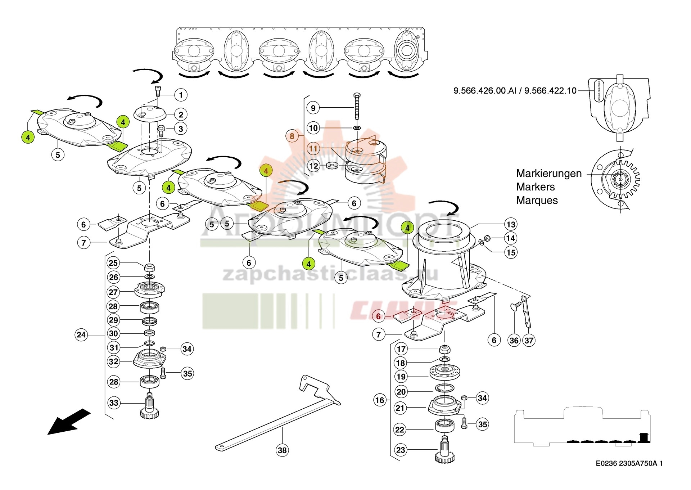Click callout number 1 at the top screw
coord(181,95)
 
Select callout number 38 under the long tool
coord(282,450)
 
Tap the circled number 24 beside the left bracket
coord(81,335)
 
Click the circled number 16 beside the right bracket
coord(380,400)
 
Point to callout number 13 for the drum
coord(511,225)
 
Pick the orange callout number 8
coord(292,136)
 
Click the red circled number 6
coord(378,316)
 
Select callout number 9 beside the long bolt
coord(313,108)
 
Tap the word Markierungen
coord(548,173)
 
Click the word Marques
coord(537,200)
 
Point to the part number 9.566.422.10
coord(550,91)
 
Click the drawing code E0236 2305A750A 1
coord(629,463)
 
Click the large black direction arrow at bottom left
coord(68,422)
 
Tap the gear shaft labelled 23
coord(444,450)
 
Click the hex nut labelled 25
coord(150,268)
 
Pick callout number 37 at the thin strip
coord(529,340)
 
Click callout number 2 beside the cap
coord(181,114)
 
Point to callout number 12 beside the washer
coord(314,166)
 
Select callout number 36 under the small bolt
coord(514,340)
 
